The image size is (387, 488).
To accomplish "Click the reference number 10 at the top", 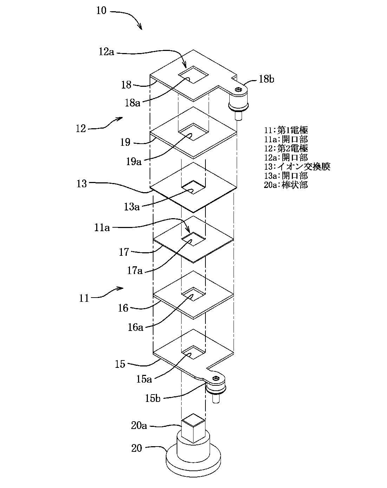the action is point(101,11).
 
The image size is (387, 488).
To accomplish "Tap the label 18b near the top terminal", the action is point(267,79).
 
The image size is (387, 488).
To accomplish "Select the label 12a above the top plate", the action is point(106,52).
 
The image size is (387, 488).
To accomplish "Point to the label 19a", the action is point(134,162).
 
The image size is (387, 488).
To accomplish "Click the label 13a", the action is point(131,207).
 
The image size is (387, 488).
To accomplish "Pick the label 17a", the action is point(135,271).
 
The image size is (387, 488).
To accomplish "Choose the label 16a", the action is point(135,327).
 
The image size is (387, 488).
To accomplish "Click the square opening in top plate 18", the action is point(193,75).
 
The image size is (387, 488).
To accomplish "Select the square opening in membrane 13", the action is point(193,188).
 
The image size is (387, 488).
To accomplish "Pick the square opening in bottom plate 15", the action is point(193,352).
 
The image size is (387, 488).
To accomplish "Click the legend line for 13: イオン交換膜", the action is point(297,167).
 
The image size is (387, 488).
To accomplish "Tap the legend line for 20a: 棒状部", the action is point(286,185).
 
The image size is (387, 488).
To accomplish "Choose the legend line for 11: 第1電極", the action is point(286,130).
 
